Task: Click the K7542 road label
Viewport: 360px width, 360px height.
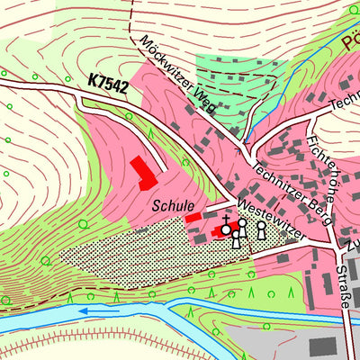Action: point(108,82)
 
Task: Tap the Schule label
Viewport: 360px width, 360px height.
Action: point(173,205)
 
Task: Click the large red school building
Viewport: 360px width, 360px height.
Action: point(142,172)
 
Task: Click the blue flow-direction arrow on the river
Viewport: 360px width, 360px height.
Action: point(90,312)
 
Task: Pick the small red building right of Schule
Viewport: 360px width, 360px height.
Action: point(193,217)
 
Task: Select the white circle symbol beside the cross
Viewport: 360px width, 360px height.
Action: point(227,229)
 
